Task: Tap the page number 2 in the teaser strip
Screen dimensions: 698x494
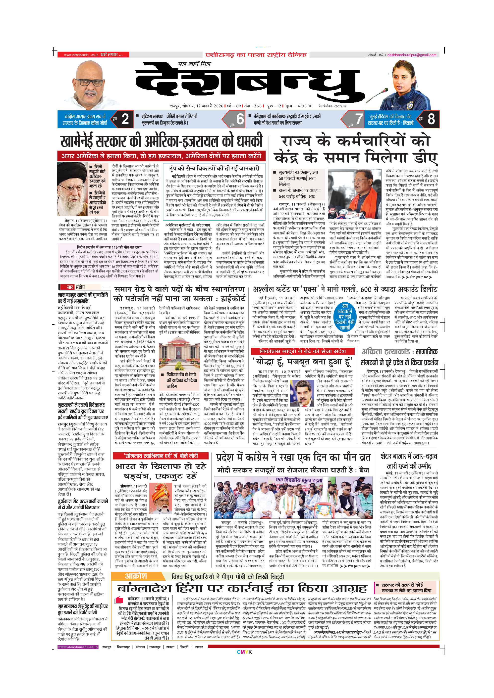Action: pyautogui.click(x=125, y=119)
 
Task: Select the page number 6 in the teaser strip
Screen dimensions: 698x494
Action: pyautogui.click(x=240, y=119)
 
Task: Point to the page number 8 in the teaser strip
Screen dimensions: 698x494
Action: pyautogui.click(x=431, y=119)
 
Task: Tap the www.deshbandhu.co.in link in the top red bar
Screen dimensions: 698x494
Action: pyautogui.click(x=81, y=55)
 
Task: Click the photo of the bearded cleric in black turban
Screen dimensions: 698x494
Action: pyautogui.click(x=72, y=189)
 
